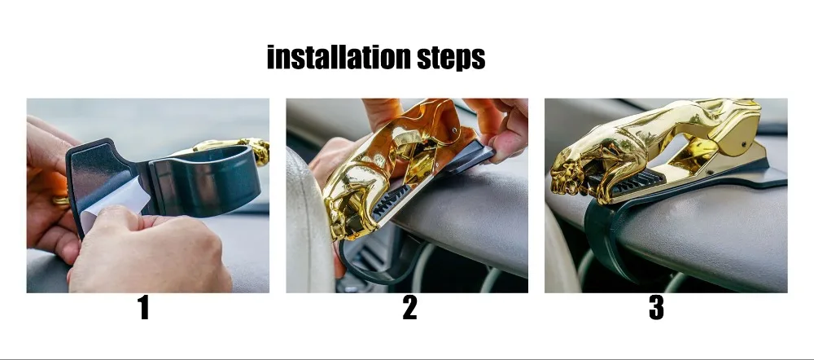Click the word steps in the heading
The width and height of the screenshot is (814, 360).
[x=452, y=58]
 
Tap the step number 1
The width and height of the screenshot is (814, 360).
[x=144, y=308]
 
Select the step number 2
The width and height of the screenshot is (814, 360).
[x=409, y=308]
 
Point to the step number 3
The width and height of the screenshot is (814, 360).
[x=656, y=308]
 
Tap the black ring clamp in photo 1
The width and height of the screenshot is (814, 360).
[x=205, y=179]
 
